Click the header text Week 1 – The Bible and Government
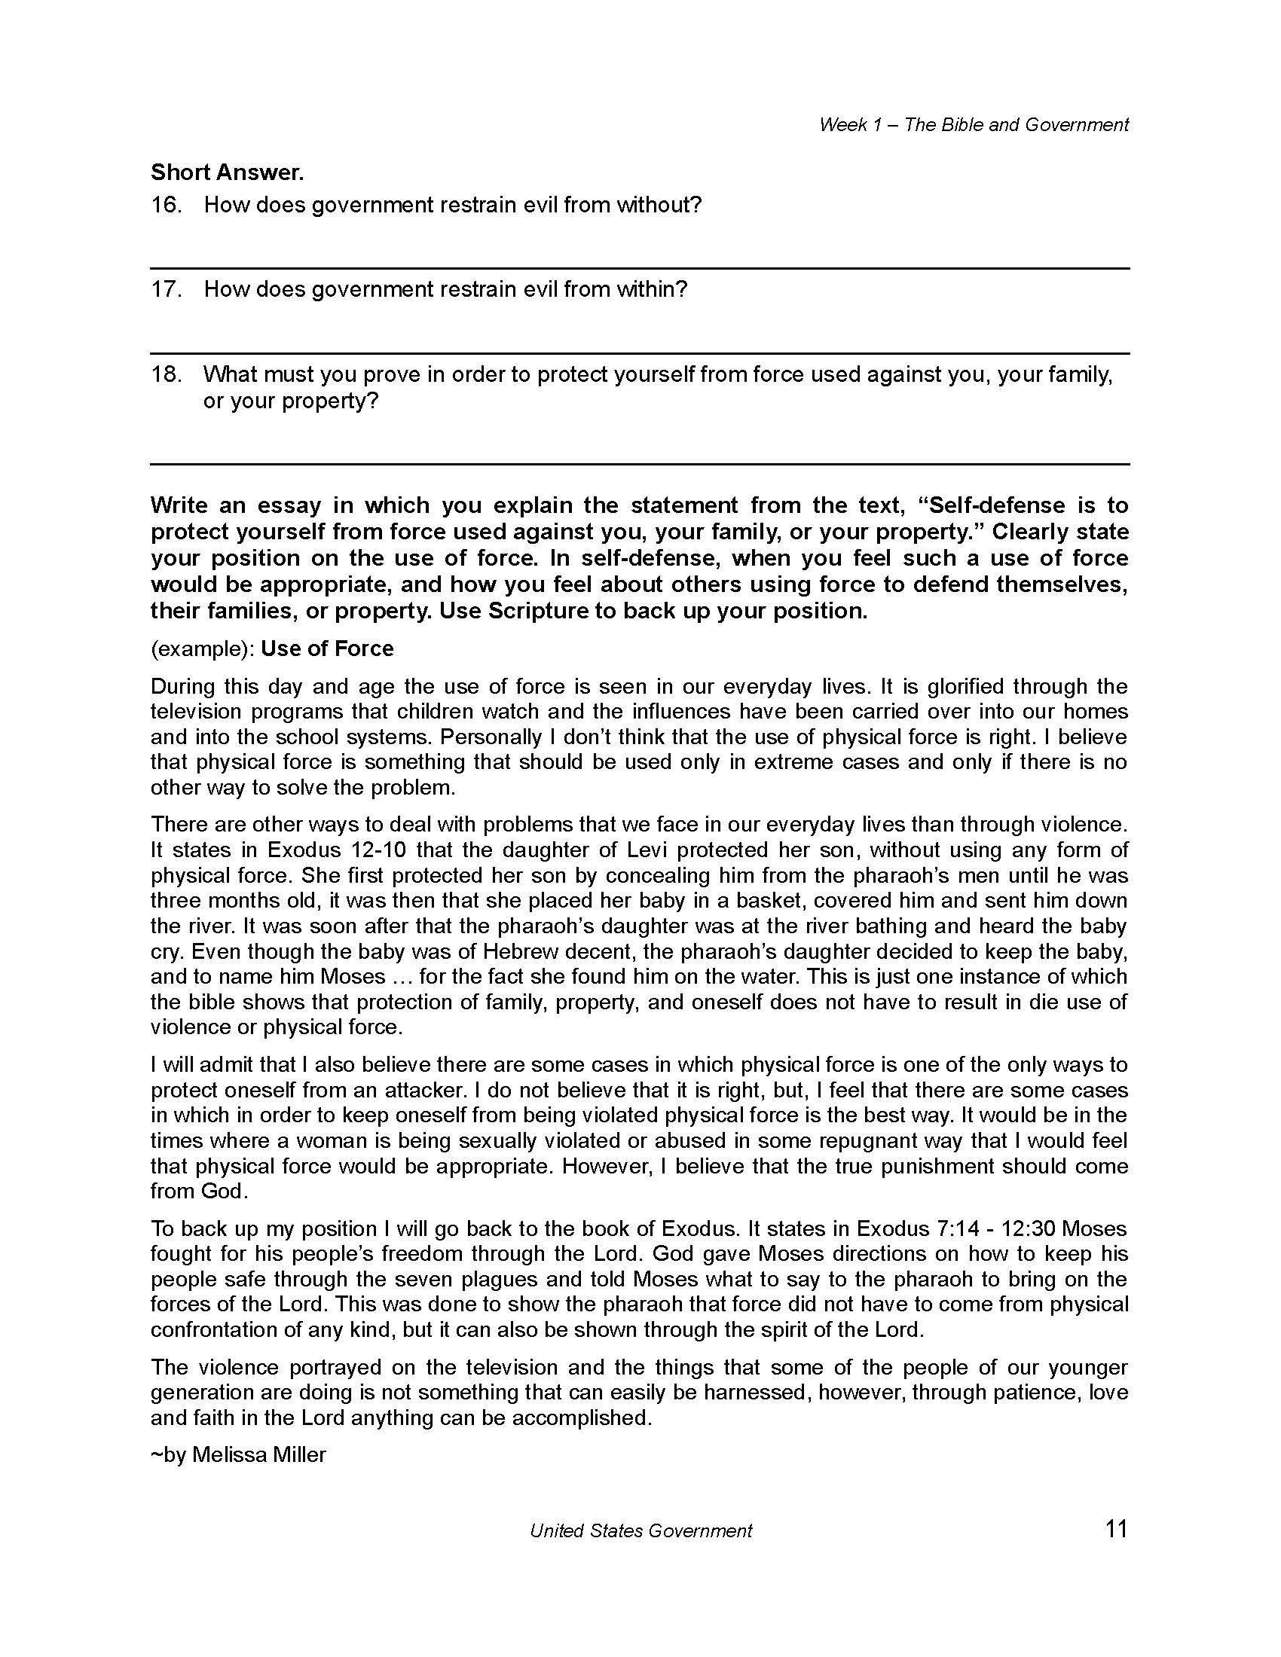(x=973, y=124)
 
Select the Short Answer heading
(x=227, y=172)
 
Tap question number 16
(x=167, y=205)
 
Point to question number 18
(x=167, y=374)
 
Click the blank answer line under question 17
(x=640, y=352)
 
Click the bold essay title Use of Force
(x=327, y=648)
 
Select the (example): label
(x=202, y=648)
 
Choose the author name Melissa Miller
(x=258, y=1454)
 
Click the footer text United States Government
(x=640, y=1531)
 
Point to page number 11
(x=1117, y=1529)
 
